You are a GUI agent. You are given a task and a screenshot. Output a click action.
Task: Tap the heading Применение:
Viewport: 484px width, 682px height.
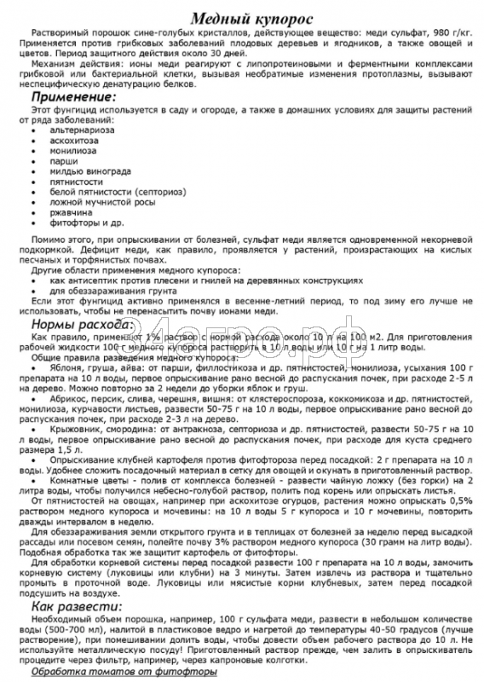[x=79, y=98]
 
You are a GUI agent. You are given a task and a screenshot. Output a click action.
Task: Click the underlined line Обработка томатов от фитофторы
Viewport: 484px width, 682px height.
[x=125, y=671]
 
